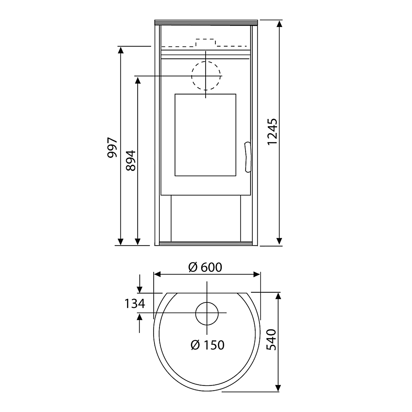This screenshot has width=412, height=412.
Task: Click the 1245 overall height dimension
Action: click(272, 132)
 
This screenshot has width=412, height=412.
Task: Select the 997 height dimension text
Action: click(112, 147)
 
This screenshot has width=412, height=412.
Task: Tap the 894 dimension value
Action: click(131, 160)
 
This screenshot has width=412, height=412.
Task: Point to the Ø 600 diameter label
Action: click(205, 267)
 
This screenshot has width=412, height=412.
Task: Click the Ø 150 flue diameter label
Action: click(207, 345)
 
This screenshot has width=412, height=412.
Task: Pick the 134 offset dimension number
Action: click(135, 304)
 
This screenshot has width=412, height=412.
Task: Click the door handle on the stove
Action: click(247, 157)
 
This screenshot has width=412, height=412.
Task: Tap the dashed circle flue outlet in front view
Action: click(206, 76)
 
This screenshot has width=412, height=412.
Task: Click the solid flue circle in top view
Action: click(207, 313)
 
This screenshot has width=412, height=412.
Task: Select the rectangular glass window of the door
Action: click(205, 135)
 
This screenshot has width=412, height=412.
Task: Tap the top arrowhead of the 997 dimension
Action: click(120, 50)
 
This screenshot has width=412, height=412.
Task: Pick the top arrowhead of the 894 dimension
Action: click(138, 80)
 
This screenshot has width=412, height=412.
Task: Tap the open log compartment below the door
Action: click(206, 218)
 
